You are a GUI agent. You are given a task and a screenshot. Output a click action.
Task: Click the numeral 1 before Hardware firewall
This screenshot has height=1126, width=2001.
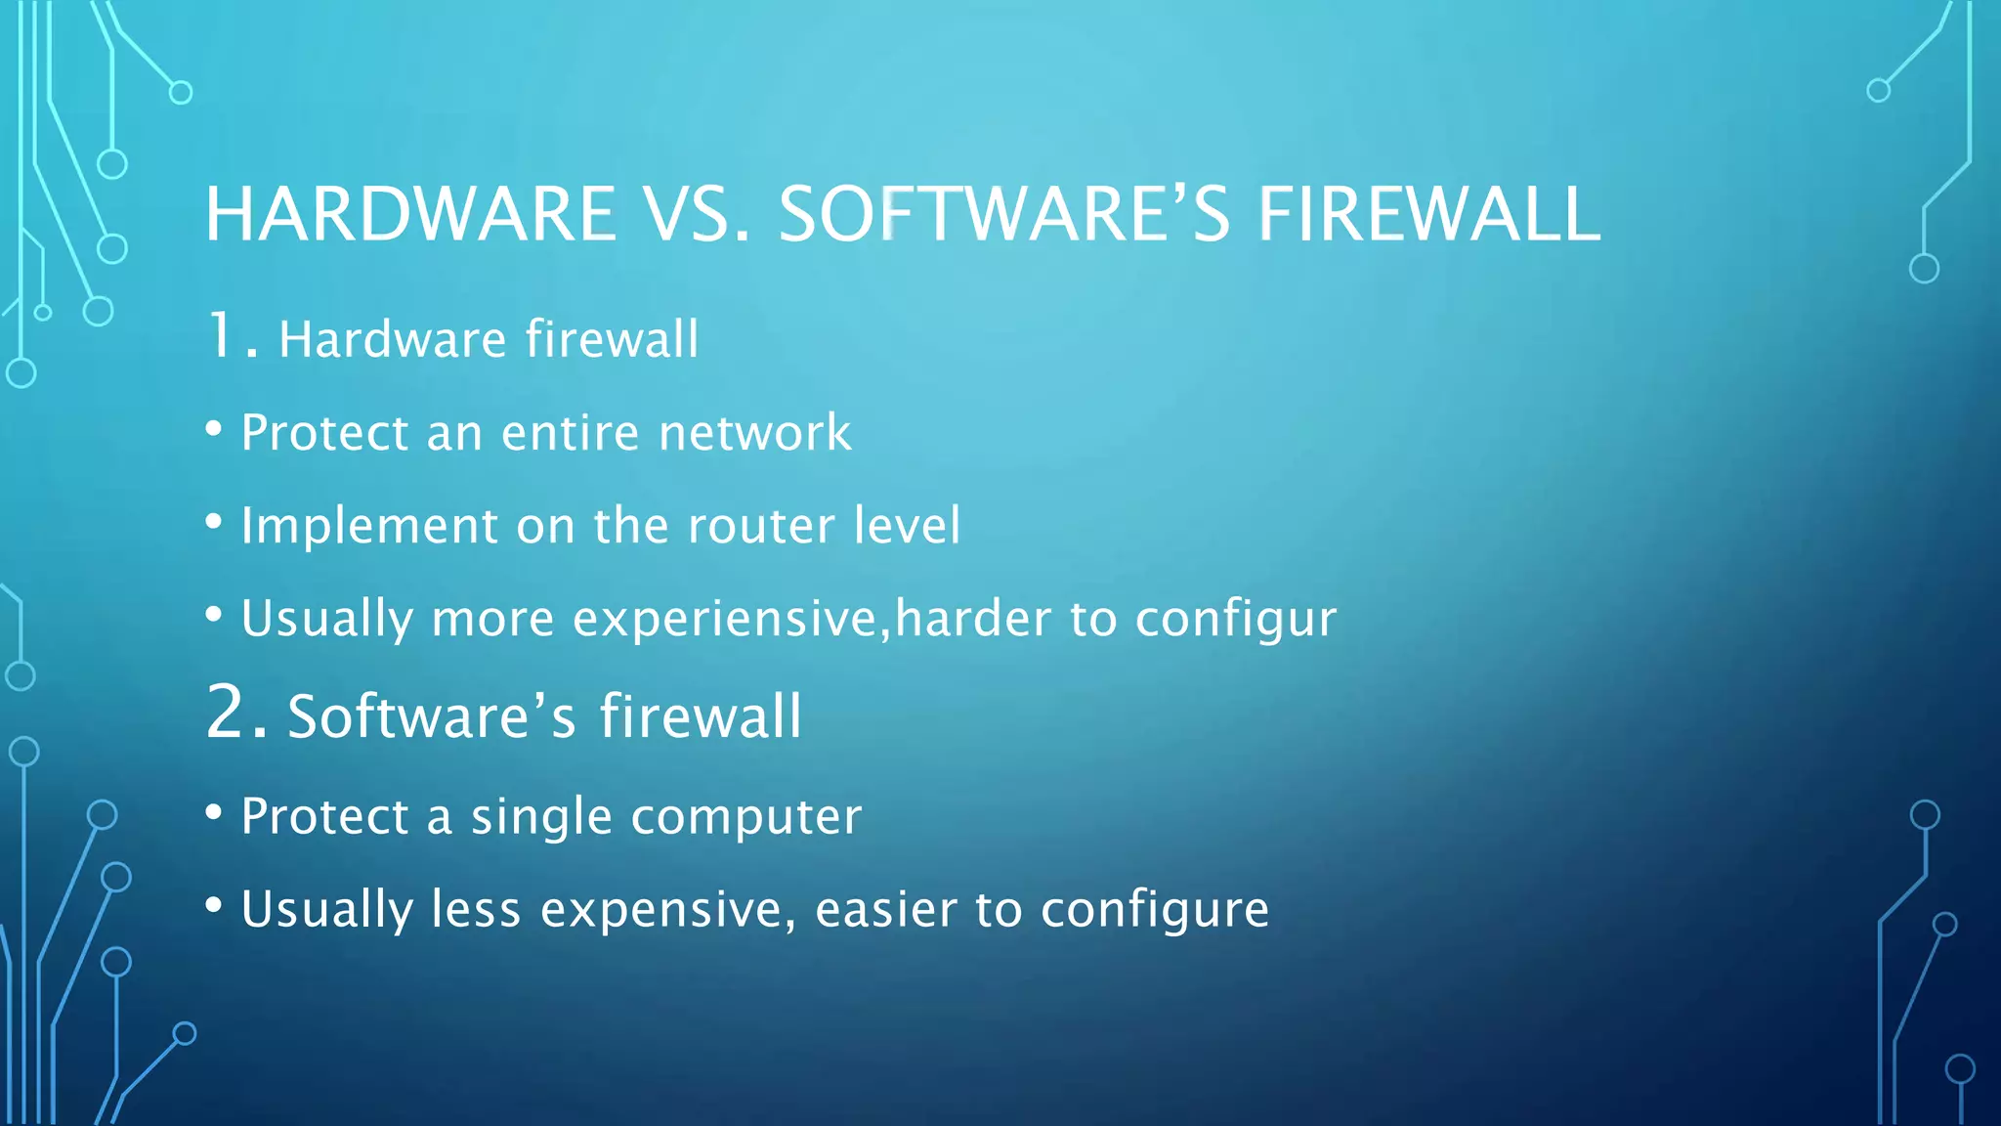tap(221, 335)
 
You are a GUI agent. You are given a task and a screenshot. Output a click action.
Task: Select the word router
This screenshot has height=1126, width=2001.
tap(761, 525)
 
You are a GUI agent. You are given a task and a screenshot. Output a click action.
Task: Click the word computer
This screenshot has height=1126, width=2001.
tap(746, 817)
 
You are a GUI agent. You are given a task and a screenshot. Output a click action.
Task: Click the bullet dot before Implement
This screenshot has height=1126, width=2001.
tap(214, 521)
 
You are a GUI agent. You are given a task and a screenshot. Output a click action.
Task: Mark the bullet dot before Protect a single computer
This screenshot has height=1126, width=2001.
tap(214, 811)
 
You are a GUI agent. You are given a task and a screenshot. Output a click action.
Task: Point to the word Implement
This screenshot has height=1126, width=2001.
tap(369, 527)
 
